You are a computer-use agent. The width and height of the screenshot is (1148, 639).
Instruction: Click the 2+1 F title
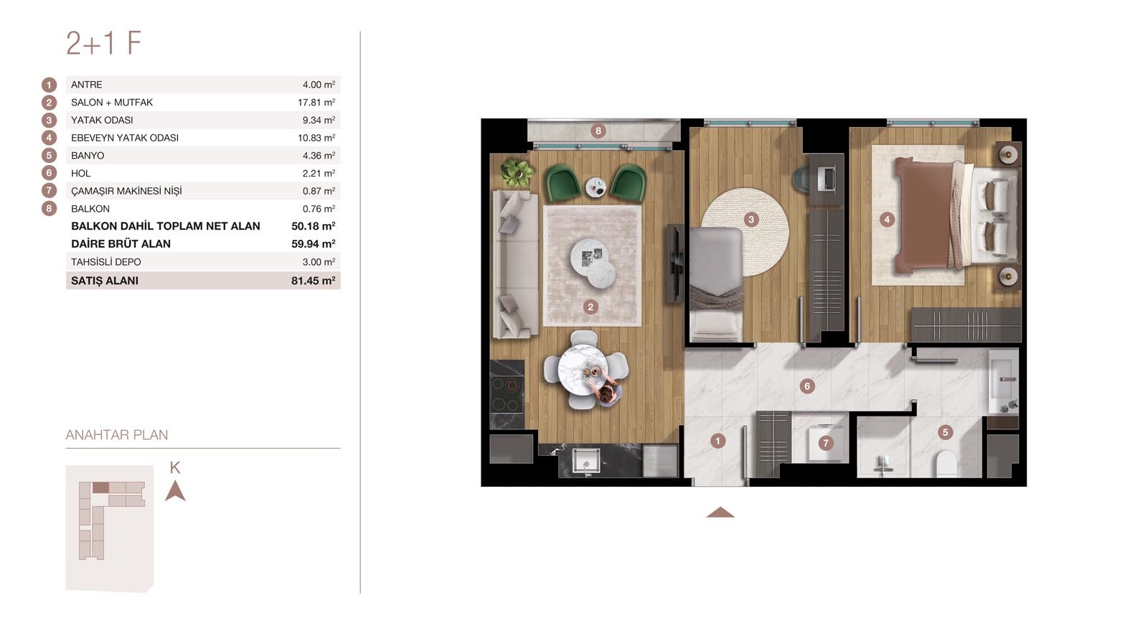103,43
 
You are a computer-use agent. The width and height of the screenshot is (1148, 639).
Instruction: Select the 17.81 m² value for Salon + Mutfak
316,102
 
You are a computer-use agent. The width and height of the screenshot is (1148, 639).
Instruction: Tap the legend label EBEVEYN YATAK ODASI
125,137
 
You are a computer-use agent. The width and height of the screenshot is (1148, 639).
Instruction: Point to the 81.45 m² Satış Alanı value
313,281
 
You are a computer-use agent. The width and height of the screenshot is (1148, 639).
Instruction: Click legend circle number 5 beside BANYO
50,155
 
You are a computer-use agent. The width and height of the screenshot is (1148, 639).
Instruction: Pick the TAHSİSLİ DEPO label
105,261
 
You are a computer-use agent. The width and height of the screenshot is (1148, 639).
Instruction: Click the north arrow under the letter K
175,491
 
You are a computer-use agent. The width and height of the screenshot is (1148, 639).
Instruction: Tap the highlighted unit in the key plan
100,488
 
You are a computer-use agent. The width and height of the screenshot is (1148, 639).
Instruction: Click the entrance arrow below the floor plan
720,512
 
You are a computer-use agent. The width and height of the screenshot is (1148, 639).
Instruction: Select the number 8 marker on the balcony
598,131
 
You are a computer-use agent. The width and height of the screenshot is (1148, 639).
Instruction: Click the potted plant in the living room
517,172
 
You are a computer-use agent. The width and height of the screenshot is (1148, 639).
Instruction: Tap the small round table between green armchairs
596,187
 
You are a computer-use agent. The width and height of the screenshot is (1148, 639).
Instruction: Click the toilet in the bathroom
946,464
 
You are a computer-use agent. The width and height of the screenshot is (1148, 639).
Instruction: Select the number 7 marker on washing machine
825,442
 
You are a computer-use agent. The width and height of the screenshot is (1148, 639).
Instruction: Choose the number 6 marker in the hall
807,386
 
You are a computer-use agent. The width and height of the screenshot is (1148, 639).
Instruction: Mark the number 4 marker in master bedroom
887,220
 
